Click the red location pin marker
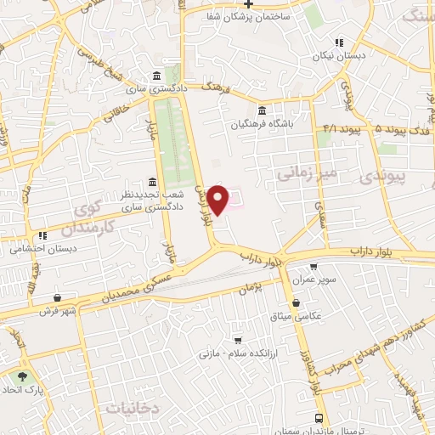218,199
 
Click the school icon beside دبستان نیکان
339,42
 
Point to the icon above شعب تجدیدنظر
152,182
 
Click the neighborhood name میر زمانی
307,173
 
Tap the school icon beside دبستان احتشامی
42,235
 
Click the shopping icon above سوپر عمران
314,266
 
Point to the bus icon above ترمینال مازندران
319,418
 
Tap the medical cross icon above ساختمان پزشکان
248,3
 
